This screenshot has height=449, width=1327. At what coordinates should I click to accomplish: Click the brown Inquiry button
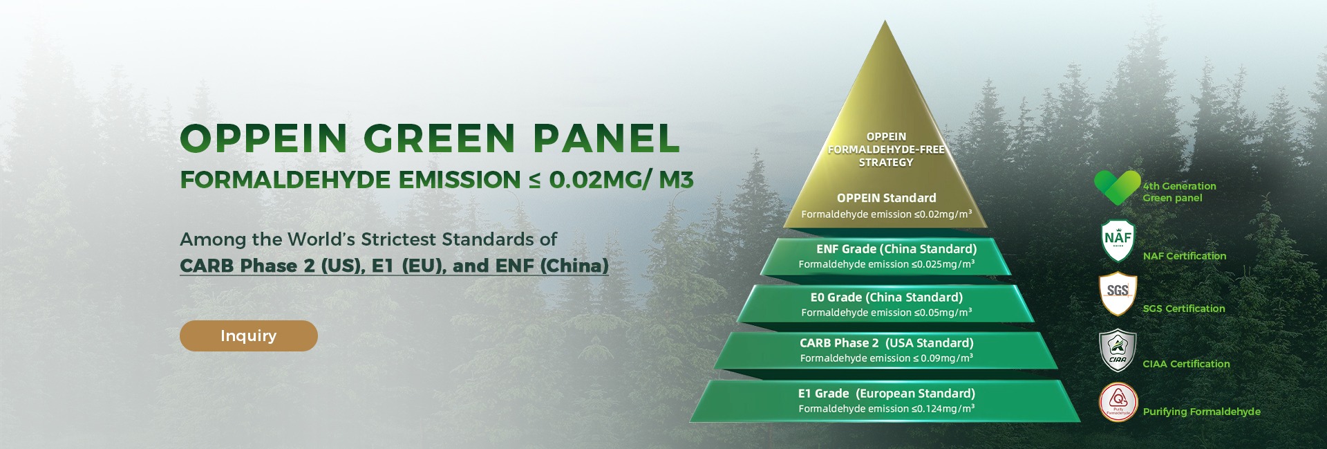[249, 336]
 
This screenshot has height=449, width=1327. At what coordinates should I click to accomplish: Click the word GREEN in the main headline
[440, 138]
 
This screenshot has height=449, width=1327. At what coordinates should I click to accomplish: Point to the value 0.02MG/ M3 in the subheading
[621, 180]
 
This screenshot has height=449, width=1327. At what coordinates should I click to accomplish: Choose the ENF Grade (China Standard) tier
[886, 257]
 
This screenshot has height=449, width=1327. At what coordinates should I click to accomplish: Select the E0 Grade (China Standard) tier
[886, 304]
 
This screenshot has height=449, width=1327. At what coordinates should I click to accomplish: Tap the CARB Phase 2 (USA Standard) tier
[886, 350]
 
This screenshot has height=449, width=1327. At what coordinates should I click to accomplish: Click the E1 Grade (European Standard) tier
[886, 401]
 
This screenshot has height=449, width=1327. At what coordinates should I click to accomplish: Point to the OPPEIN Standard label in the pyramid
[886, 198]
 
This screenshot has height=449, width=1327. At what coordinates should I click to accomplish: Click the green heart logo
[1117, 187]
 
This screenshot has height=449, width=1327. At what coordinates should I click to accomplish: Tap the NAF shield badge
[1118, 240]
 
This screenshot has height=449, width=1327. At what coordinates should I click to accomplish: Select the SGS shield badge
[1118, 293]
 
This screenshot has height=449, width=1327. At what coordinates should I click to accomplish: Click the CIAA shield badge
[1118, 350]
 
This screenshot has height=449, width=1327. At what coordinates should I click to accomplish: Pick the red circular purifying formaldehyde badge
[1118, 402]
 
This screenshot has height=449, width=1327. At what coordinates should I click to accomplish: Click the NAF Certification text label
[1185, 256]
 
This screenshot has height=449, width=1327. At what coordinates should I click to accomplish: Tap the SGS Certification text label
[1184, 309]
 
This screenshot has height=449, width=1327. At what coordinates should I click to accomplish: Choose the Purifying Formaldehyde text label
[1202, 412]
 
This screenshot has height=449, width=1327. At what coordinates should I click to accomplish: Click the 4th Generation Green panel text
[1179, 192]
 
